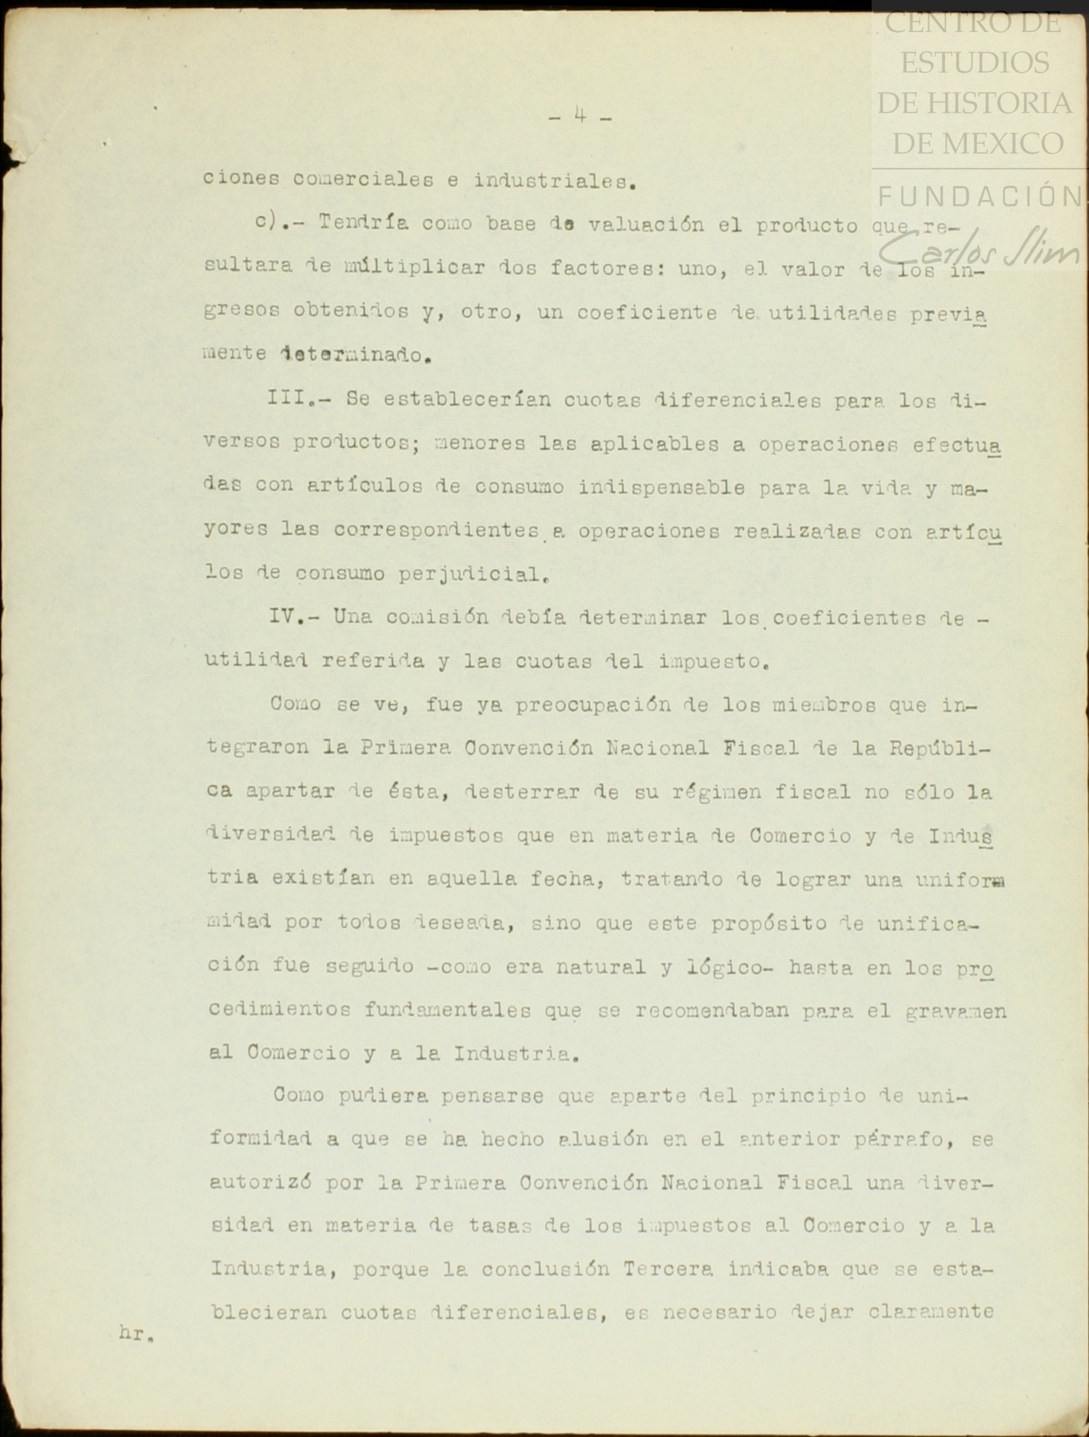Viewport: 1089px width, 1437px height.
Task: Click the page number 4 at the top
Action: (580, 115)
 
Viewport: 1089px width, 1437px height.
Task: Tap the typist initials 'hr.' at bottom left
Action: (136, 1334)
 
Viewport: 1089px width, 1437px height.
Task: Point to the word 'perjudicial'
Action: (472, 575)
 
